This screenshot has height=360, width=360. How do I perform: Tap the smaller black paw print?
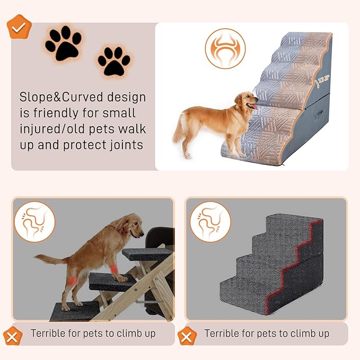pyautogui.click(x=113, y=62)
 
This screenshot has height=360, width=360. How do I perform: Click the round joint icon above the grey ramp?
pyautogui.click(x=225, y=48)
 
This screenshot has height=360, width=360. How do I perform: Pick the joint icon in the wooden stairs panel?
pyautogui.click(x=34, y=221)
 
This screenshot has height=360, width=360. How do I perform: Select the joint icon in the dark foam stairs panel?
pyautogui.click(x=210, y=221)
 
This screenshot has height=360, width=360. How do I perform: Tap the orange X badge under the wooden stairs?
pyautogui.click(x=13, y=335)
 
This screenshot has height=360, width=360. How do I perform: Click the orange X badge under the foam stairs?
pyautogui.click(x=187, y=335)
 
